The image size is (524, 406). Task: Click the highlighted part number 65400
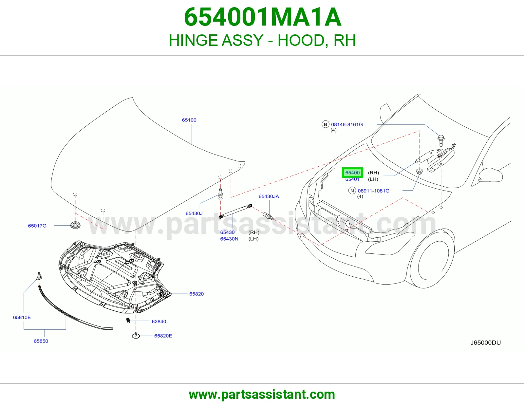tap(352, 173)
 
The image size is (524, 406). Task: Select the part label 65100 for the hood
tap(189, 120)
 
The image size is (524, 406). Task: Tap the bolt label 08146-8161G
tap(347, 124)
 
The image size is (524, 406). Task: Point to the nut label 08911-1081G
tap(374, 191)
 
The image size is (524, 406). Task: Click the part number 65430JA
tap(269, 196)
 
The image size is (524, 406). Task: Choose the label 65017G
tap(37, 226)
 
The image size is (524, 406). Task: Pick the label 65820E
tap(163, 336)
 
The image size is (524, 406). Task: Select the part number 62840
tap(159, 322)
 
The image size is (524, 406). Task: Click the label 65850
tap(41, 341)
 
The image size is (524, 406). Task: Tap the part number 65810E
tap(22, 317)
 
